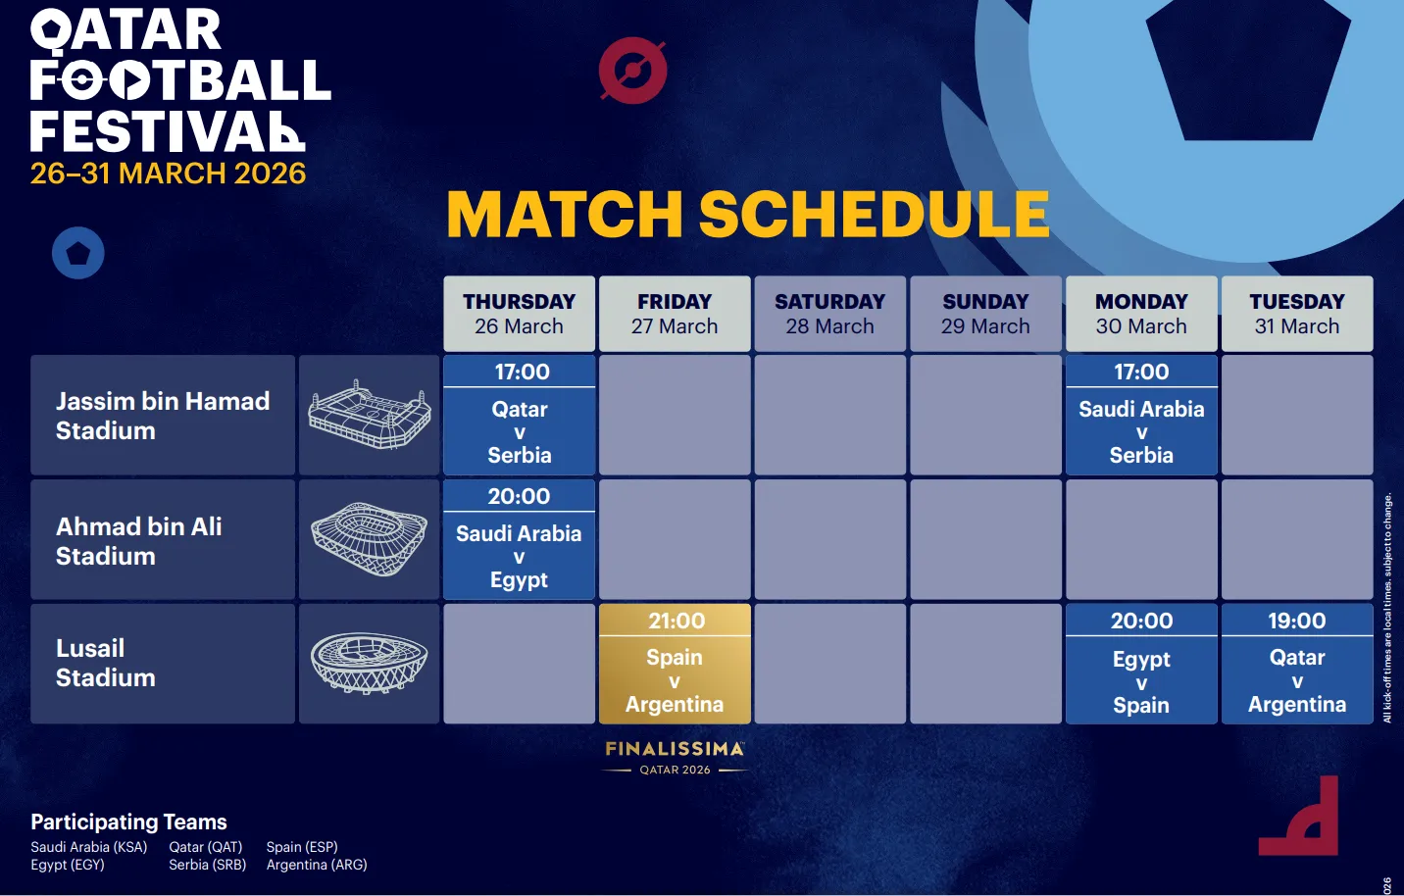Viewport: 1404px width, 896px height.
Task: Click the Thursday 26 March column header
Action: coord(519,314)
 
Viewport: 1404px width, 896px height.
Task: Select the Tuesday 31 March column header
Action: coord(1296,314)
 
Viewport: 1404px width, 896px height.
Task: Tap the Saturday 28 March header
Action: coord(829,314)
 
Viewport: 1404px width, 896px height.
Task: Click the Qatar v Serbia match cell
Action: coord(519,416)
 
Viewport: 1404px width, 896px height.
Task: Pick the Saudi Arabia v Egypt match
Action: coord(519,540)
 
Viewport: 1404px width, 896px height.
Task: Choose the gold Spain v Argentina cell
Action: coord(675,664)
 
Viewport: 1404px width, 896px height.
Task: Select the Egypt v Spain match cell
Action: coord(1141,664)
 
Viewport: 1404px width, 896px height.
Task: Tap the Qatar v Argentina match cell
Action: coord(1296,664)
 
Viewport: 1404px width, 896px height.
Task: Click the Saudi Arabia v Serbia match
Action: coord(1141,416)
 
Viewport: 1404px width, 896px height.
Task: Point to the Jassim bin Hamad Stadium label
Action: coord(163,416)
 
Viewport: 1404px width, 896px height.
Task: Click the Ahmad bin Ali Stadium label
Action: coord(139,540)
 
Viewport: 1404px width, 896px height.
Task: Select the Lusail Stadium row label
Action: coord(106,663)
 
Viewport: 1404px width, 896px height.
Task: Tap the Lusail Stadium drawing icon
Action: coord(369,663)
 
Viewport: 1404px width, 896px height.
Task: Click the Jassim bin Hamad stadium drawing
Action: coord(369,416)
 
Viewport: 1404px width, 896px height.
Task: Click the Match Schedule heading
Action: coord(747,214)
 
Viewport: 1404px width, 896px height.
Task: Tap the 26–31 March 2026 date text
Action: coord(168,174)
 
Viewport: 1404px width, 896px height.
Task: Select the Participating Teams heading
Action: coord(128,821)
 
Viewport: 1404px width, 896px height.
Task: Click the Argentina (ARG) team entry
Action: coord(317,865)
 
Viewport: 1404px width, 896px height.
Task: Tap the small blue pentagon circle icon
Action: coord(78,253)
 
